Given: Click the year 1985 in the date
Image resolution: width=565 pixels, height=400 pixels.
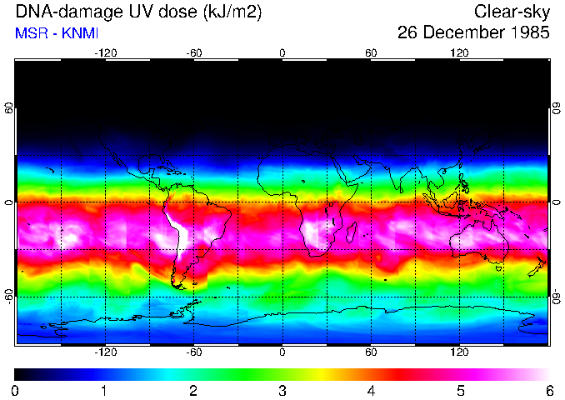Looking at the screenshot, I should click(x=525, y=33).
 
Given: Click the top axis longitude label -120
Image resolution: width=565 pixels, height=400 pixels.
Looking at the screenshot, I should click(x=105, y=52).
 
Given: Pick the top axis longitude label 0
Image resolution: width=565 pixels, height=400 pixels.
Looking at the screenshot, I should click(x=282, y=52).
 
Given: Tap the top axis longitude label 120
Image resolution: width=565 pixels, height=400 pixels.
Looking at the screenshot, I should click(x=459, y=52).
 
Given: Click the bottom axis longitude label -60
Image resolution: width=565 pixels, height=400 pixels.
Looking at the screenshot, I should click(x=194, y=352).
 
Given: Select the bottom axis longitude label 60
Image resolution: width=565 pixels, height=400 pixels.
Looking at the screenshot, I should click(x=371, y=352).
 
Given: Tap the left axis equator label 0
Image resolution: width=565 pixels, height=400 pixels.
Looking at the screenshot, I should click(x=9, y=202).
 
